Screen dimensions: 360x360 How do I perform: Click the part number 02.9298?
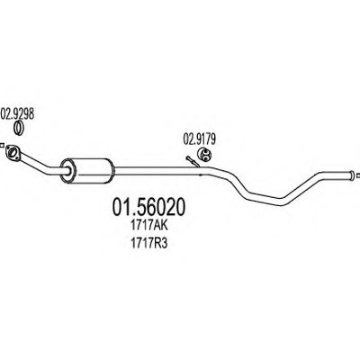[x=17, y=114]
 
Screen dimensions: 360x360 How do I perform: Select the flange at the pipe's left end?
[x=13, y=152]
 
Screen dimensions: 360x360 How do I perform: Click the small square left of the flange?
[x=1, y=147]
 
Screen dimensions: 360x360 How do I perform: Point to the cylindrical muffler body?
[x=87, y=170]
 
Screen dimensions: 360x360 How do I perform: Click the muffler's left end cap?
[x=68, y=171]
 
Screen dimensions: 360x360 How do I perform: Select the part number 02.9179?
[x=200, y=139]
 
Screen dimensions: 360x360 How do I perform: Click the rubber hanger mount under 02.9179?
[x=205, y=154]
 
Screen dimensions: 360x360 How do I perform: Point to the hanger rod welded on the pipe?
[x=192, y=161]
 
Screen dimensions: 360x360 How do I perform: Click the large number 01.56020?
[x=148, y=207]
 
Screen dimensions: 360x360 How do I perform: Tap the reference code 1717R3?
[x=148, y=243]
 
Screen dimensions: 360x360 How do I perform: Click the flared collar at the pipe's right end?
[x=351, y=175]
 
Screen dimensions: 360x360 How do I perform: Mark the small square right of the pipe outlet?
[x=358, y=175]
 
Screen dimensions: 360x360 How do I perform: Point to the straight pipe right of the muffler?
[x=157, y=171]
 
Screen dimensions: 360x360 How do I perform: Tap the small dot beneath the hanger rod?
[x=201, y=175]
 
